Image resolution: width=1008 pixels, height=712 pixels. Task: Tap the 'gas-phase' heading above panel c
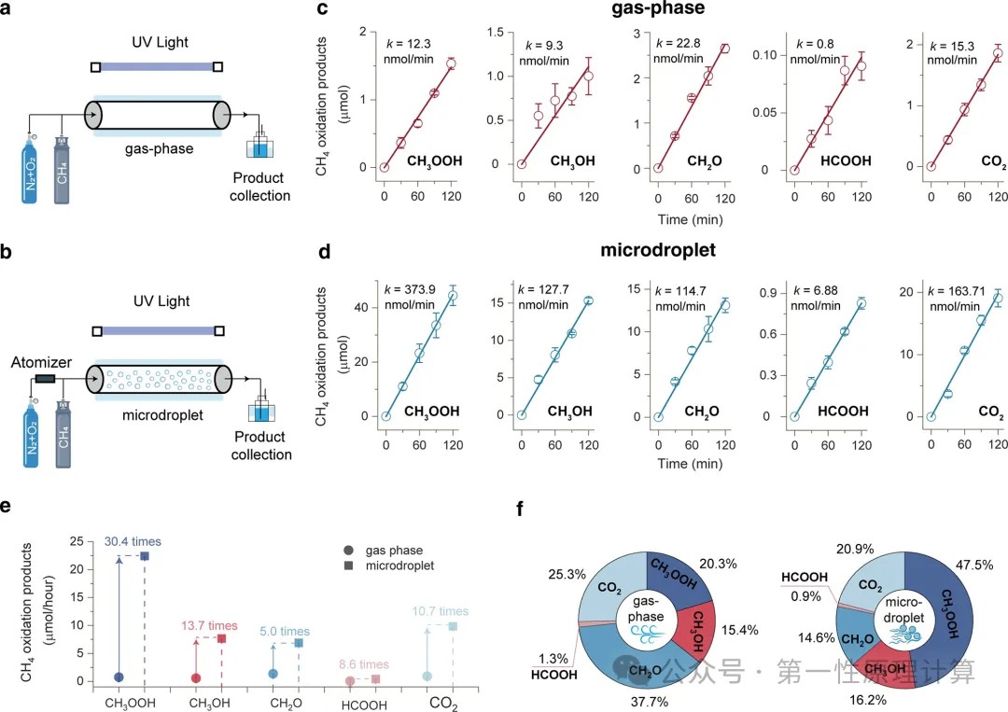coord(672,11)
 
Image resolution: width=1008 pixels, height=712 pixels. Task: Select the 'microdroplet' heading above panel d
coord(672,250)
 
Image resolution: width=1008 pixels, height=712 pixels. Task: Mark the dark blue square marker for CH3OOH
coord(145,556)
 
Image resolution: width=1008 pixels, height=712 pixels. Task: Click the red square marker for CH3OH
coord(222,638)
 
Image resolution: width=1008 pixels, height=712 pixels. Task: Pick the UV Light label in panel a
coord(154,44)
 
